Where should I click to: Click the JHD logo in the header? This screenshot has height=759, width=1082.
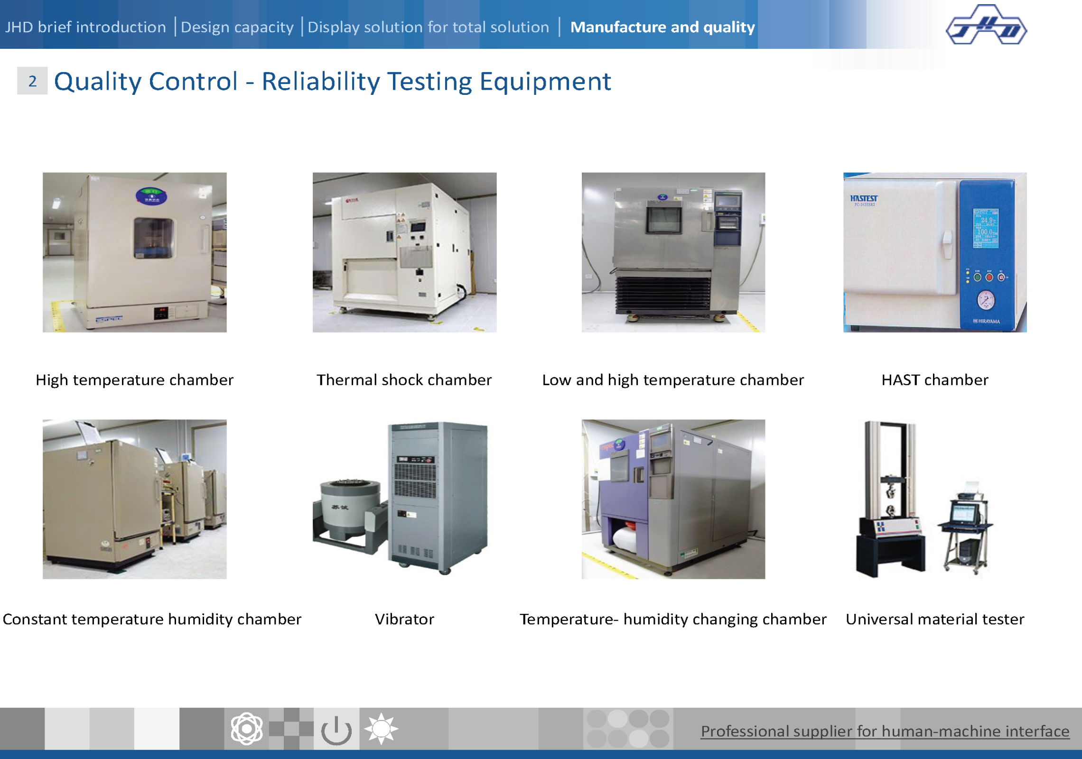pos(986,25)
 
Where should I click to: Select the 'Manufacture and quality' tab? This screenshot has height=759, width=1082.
pos(662,27)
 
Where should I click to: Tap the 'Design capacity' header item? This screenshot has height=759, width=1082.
pos(237,27)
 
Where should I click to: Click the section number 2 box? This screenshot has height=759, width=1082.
pos(32,81)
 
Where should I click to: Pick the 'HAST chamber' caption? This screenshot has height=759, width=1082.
pos(935,379)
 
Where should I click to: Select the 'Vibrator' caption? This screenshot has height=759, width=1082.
pos(404,619)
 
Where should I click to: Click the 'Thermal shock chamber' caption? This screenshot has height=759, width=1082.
pos(404,379)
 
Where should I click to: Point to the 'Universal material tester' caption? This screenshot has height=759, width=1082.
pos(935,619)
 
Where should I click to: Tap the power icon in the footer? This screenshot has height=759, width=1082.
pos(336,730)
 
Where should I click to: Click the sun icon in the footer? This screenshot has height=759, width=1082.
pos(381,728)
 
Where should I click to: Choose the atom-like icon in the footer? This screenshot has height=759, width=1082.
pos(247,728)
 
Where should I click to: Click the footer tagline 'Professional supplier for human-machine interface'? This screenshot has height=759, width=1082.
pos(885,731)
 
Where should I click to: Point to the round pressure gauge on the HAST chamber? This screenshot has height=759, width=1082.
pos(986,300)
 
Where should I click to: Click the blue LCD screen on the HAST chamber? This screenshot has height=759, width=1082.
pos(986,228)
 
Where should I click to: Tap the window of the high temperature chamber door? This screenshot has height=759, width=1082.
pos(153,238)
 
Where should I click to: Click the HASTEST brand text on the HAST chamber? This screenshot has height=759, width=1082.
pos(864,198)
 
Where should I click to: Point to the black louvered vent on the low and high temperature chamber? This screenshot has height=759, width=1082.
pos(663,294)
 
